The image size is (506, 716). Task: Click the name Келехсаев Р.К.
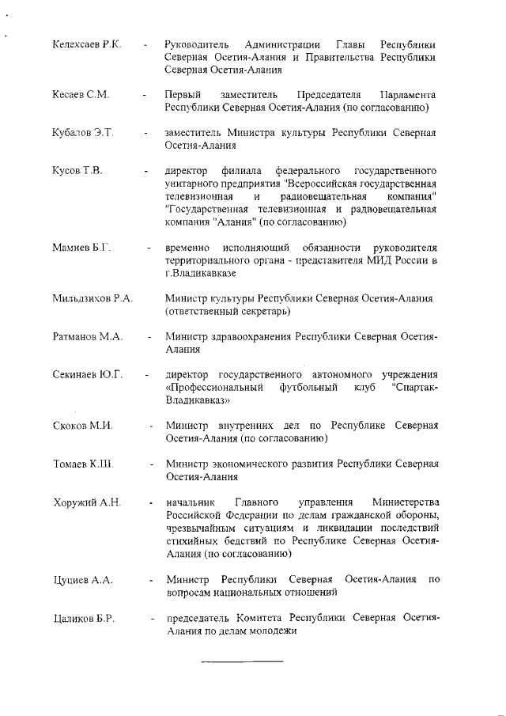tap(86, 44)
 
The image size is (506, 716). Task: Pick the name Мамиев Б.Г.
tap(81, 247)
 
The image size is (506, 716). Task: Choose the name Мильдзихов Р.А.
tap(93, 298)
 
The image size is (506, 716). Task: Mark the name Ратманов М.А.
tap(87, 336)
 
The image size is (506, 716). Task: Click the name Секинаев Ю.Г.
tap(88, 374)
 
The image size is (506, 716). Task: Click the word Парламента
tap(407, 94)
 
